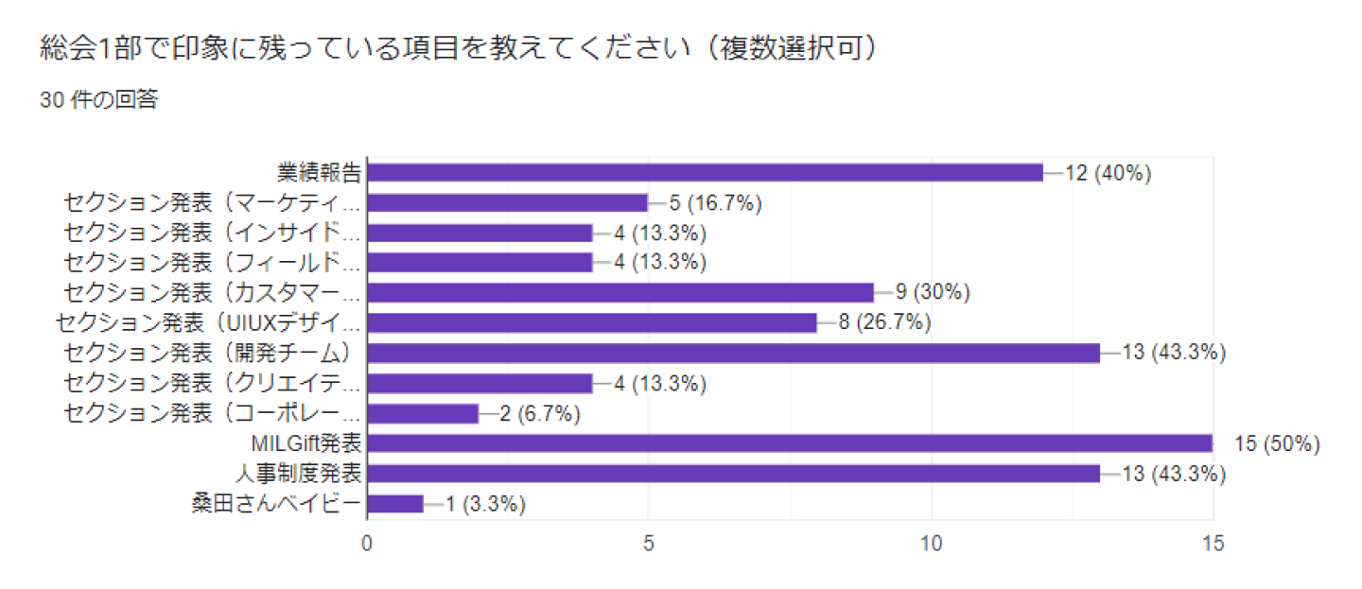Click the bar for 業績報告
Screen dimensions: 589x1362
click(x=705, y=172)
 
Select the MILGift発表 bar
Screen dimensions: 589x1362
click(x=790, y=443)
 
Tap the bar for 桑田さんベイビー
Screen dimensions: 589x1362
click(x=394, y=504)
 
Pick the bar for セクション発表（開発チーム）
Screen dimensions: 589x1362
click(x=733, y=354)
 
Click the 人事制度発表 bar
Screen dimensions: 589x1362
click(x=733, y=474)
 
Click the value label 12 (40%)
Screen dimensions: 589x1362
click(x=1108, y=173)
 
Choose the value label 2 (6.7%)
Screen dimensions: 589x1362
click(x=539, y=414)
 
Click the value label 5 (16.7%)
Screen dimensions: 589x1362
click(x=715, y=203)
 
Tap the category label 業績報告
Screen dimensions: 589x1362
click(x=320, y=173)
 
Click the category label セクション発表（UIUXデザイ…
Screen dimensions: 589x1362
click(x=209, y=323)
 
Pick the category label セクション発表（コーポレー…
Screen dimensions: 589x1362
click(x=213, y=414)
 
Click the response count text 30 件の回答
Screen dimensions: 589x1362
click(x=98, y=100)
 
